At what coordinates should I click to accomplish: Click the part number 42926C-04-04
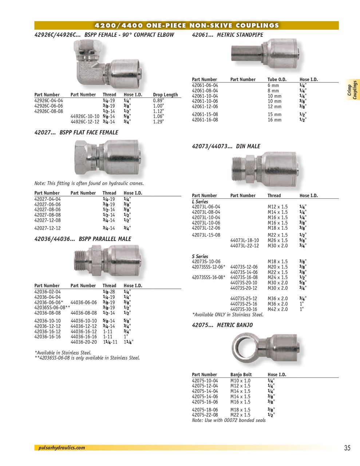tap(48, 100)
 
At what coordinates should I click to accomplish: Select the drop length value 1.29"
tap(158, 122)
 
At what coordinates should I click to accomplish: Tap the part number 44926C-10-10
tap(85, 116)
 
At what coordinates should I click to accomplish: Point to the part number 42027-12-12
tap(47, 228)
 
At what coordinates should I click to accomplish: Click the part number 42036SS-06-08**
tap(52, 308)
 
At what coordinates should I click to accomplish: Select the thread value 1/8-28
tap(108, 292)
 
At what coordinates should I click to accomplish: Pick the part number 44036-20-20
tap(84, 342)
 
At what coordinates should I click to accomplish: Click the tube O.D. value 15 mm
tap(274, 115)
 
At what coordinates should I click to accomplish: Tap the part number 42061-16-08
tap(205, 120)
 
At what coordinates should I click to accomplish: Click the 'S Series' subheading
tap(200, 256)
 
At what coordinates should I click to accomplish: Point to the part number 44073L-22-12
tap(245, 246)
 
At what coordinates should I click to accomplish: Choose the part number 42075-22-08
tap(205, 415)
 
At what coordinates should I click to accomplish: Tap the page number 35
tap(347, 448)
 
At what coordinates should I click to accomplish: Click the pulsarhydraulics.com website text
tap(62, 448)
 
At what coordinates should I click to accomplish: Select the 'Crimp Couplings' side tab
tap(352, 90)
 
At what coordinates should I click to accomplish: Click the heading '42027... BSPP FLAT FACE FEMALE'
tap(76, 133)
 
